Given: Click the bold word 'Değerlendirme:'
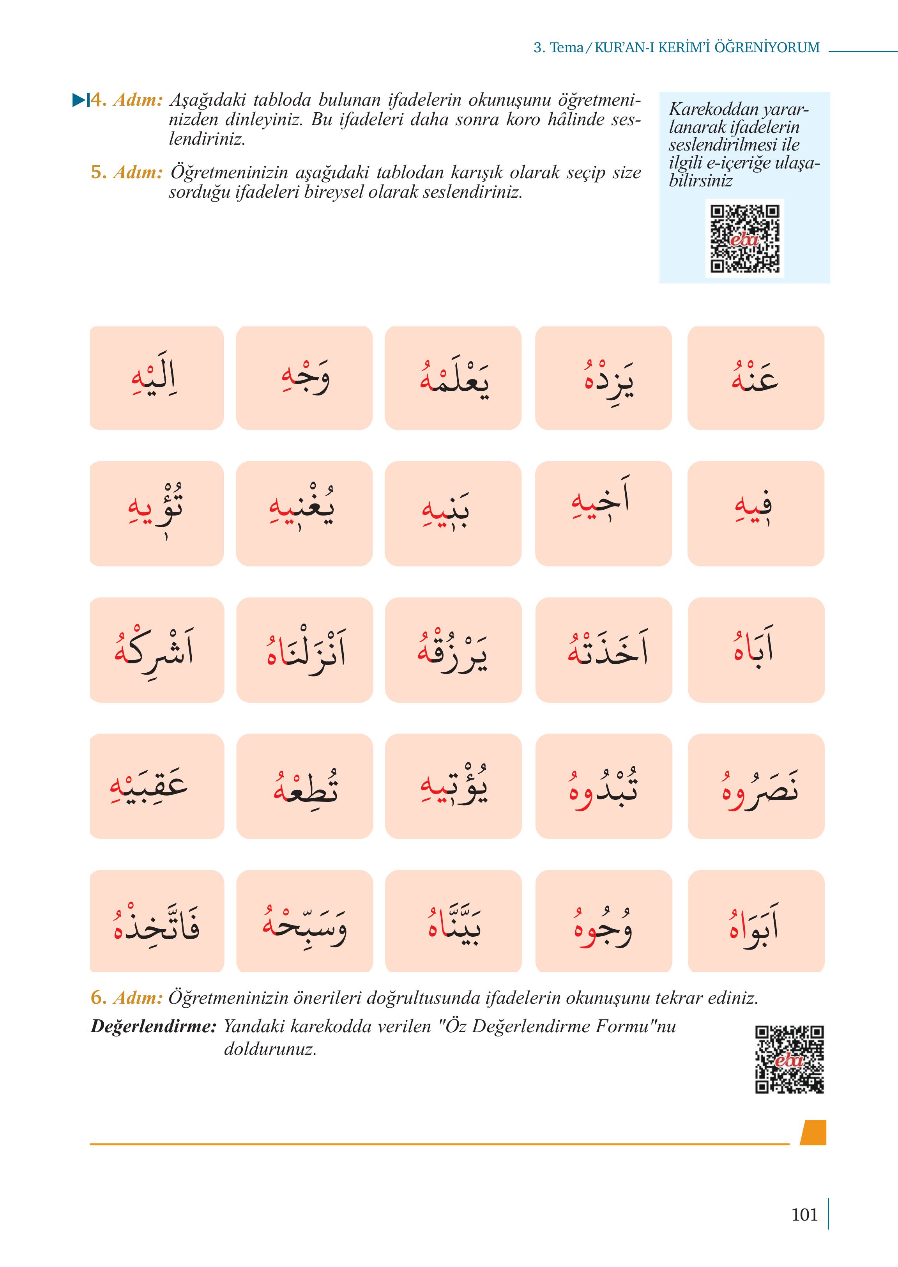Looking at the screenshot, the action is click(153, 1026).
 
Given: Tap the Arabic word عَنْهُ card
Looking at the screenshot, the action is click(755, 378).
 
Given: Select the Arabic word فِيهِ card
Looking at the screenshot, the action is click(755, 514).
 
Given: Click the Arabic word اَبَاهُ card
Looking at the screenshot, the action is click(755, 650).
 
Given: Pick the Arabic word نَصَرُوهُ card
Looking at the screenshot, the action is click(755, 786).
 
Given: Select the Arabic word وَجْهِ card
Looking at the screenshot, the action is click(304, 378).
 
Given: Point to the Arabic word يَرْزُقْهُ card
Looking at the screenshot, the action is click(453, 650).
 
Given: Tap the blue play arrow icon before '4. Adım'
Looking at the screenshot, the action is click(80, 100).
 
